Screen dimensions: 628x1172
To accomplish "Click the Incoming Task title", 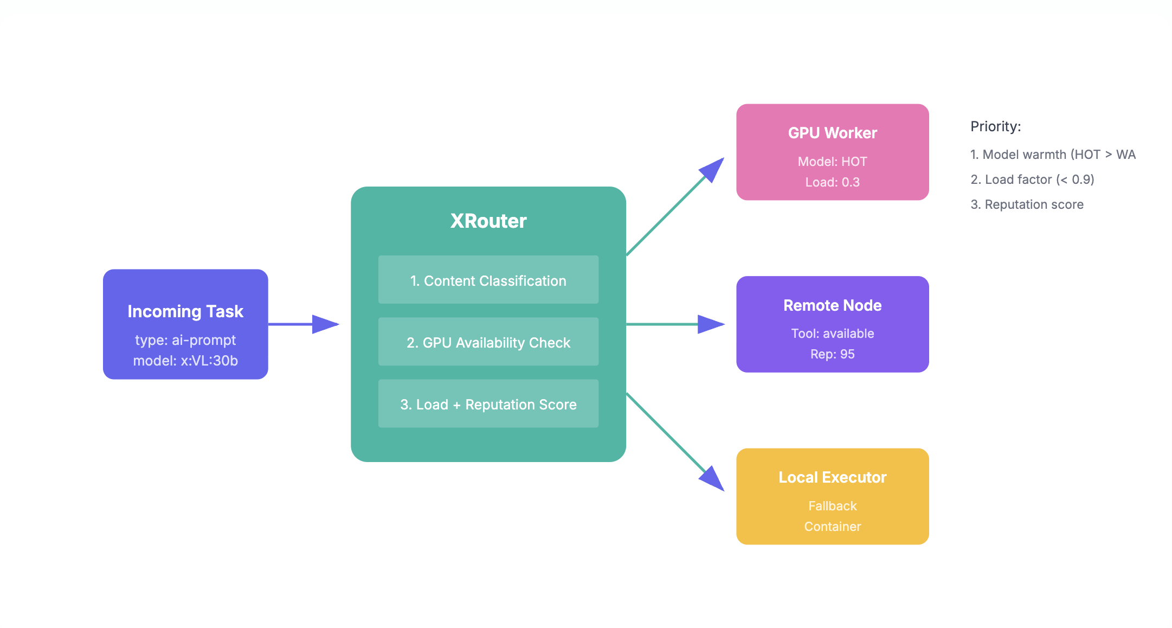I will coord(185,311).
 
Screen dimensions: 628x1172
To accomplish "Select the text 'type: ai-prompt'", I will coord(185,340).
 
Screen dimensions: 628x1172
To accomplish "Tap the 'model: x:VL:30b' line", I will coord(185,361).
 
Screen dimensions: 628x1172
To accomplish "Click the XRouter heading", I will coord(488,221).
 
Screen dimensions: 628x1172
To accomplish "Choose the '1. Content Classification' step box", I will coord(488,280).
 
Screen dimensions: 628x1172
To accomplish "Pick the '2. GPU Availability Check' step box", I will coord(488,342).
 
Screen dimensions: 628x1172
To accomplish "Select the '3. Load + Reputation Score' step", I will coord(488,404).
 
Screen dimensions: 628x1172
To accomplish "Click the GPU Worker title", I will coord(832,133).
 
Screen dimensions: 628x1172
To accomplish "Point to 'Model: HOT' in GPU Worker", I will coord(832,162).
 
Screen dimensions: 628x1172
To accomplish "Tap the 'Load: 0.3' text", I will coord(832,182).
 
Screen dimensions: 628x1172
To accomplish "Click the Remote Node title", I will coord(832,305).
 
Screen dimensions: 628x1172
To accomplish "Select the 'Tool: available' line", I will coord(832,334).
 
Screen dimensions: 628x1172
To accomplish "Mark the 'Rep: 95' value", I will coord(832,354).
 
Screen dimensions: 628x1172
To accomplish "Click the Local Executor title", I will coord(832,477).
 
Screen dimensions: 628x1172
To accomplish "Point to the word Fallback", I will coord(832,506).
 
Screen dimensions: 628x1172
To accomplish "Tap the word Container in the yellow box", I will coord(832,527).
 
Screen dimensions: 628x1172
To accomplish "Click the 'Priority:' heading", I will coord(995,126).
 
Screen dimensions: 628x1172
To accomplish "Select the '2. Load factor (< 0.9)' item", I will coord(1032,180).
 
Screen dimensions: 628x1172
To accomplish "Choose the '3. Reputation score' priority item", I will coord(1027,204).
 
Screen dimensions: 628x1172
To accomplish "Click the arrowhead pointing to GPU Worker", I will coord(713,169).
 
